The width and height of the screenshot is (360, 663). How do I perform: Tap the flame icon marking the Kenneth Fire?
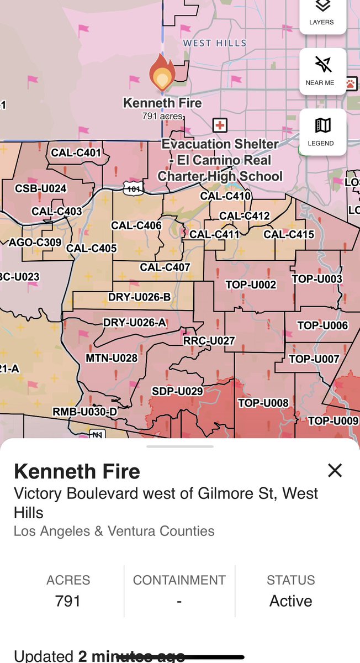(162, 74)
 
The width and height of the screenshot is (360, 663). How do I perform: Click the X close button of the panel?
(335, 470)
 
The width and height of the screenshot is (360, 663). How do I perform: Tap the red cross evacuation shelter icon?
(220, 125)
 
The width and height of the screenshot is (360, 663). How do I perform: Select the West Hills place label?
(215, 43)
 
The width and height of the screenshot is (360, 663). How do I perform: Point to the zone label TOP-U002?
(251, 285)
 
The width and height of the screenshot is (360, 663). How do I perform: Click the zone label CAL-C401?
(76, 152)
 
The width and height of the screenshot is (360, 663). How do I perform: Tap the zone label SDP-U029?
(177, 391)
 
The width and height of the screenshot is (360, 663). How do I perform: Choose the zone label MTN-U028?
(112, 359)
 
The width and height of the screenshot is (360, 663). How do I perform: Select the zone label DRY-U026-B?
(139, 297)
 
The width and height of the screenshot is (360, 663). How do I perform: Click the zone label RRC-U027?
(209, 341)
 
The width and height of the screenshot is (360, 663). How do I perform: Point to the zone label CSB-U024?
(41, 188)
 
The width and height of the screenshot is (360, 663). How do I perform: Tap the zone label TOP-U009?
(333, 421)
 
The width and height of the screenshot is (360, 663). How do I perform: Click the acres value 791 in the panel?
(68, 601)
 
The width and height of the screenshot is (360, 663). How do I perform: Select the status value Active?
(290, 601)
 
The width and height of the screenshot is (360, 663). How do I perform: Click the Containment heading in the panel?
(179, 580)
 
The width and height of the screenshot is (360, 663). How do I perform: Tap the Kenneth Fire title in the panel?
(77, 471)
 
